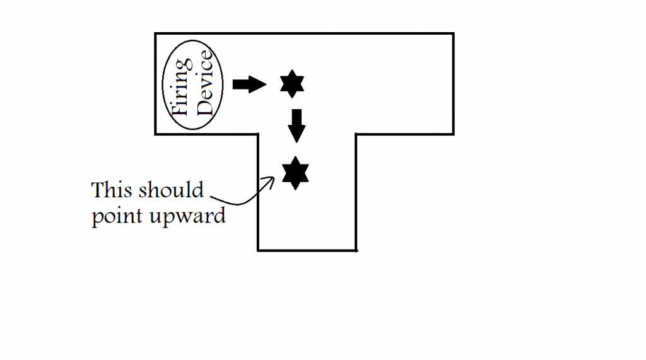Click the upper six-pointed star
291,84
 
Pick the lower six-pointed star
295,173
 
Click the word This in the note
112,190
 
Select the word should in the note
170,190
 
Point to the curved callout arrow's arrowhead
273,179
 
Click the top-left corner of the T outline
156,33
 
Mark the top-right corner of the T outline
453,33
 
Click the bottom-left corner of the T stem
259,250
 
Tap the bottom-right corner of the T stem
356,250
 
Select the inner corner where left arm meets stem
259,134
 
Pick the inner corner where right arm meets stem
356,134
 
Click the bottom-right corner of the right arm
453,134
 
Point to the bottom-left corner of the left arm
156,134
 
